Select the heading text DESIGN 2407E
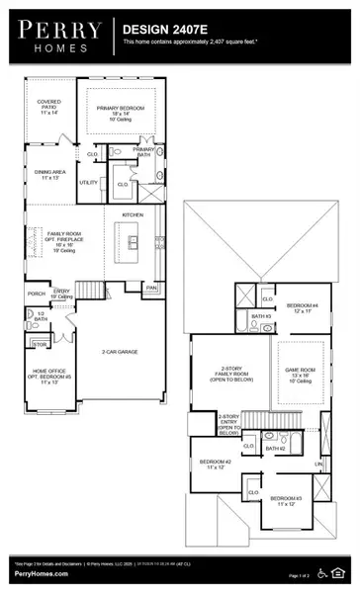tap(162, 31)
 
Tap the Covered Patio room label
tap(49, 107)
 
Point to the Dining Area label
tap(49, 175)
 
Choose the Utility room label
tap(89, 183)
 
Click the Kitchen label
tap(133, 214)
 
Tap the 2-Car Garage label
tap(121, 352)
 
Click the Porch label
tap(37, 294)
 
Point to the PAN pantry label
tap(151, 288)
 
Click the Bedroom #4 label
tap(303, 307)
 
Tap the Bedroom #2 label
tap(215, 465)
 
